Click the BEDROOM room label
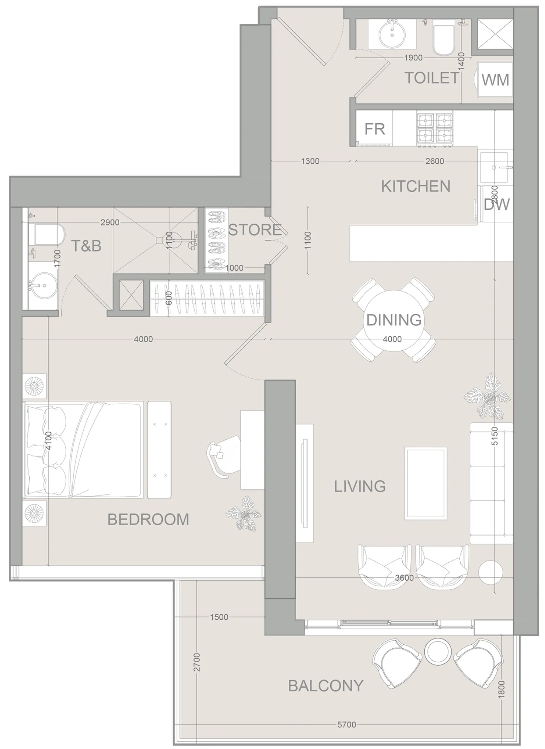(148, 519)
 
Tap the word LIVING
(360, 487)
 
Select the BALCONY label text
(326, 686)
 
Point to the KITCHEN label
(416, 186)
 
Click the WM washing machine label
(495, 80)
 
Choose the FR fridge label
(375, 129)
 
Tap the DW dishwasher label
(496, 205)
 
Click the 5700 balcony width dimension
(346, 724)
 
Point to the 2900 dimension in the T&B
(110, 222)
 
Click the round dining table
(394, 320)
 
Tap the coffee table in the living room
(425, 483)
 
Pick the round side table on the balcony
(438, 652)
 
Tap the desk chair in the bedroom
(219, 455)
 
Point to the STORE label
(255, 230)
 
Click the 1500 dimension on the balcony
(219, 617)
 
